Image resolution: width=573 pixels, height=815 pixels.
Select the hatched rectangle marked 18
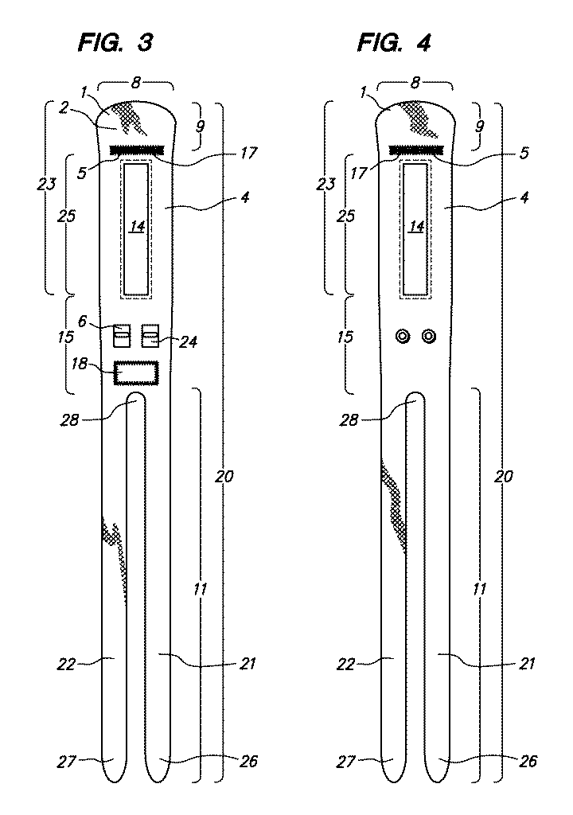pos(136,373)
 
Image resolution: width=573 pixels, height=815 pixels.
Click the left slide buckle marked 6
pos(123,336)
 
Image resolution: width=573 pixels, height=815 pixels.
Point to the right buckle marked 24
pos(150,336)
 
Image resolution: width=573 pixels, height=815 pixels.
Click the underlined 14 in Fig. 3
pos(137,227)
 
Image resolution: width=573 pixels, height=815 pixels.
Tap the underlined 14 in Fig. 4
pos(416,227)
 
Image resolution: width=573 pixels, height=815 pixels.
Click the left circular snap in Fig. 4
pos(403,337)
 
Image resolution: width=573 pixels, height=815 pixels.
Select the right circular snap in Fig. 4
pos(428,337)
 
